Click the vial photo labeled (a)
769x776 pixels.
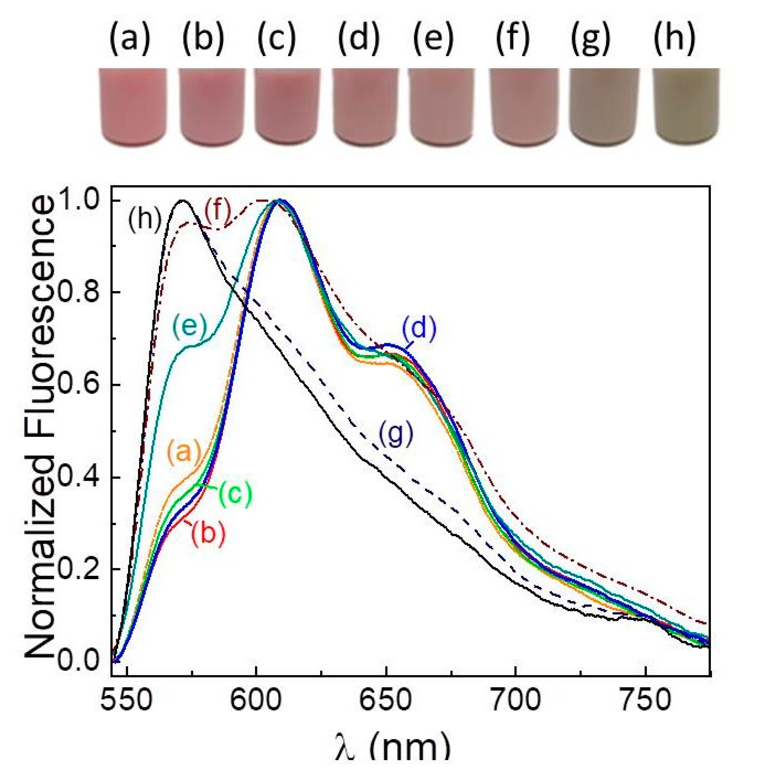pyautogui.click(x=133, y=107)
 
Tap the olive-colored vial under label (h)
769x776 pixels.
pyautogui.click(x=686, y=107)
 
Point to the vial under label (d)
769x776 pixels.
pyautogui.click(x=366, y=107)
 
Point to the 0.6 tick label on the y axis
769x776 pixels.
pyautogui.click(x=78, y=385)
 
